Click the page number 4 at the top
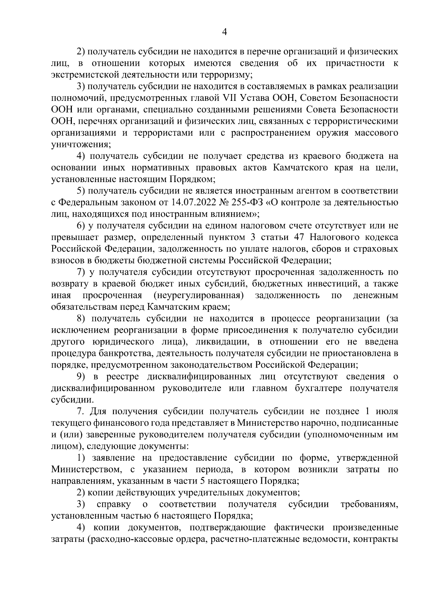click(225, 32)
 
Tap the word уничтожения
click(81, 145)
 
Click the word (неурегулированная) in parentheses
click(199, 295)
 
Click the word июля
click(386, 411)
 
